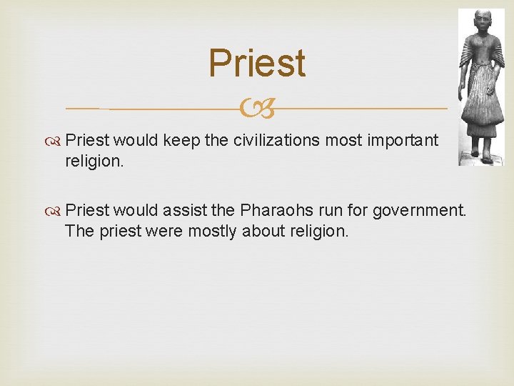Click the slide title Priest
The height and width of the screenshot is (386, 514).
257,63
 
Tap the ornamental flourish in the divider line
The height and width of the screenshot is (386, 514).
257,109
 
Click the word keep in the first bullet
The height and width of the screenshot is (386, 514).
182,140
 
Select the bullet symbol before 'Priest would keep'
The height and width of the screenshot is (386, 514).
55,141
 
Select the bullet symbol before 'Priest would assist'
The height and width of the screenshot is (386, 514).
55,212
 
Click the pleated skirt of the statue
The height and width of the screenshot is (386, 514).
480,107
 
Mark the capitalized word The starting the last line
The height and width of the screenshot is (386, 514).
77,231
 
